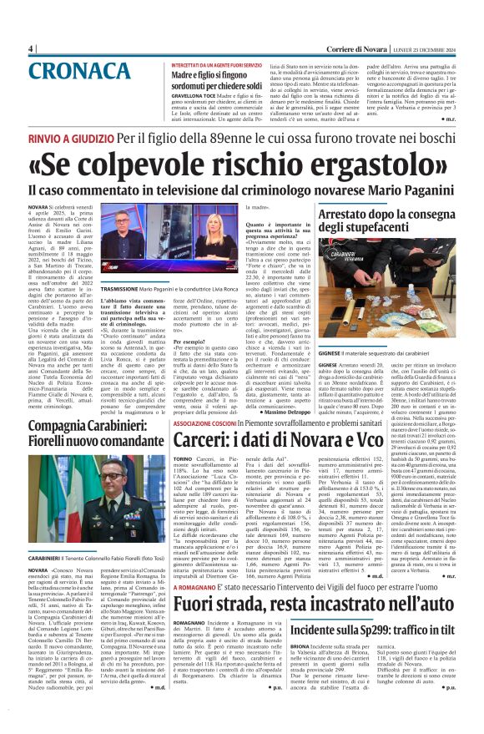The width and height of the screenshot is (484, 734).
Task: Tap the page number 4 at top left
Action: (x=31, y=48)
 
